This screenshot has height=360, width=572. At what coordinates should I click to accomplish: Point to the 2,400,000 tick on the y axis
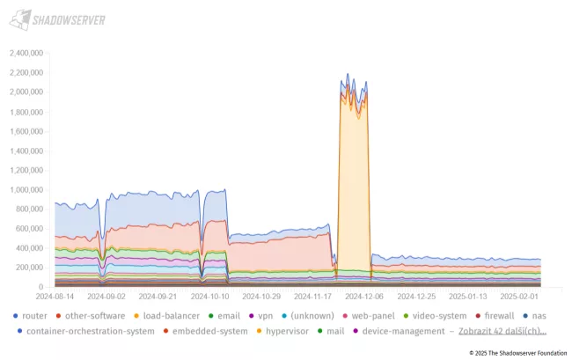point(26,53)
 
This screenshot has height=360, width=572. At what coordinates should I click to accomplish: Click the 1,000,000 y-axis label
point(26,189)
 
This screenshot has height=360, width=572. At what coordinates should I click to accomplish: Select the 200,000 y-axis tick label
point(28,268)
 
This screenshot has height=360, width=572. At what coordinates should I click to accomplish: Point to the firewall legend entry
point(499,315)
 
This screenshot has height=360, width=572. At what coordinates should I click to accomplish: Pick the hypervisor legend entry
point(283,331)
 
